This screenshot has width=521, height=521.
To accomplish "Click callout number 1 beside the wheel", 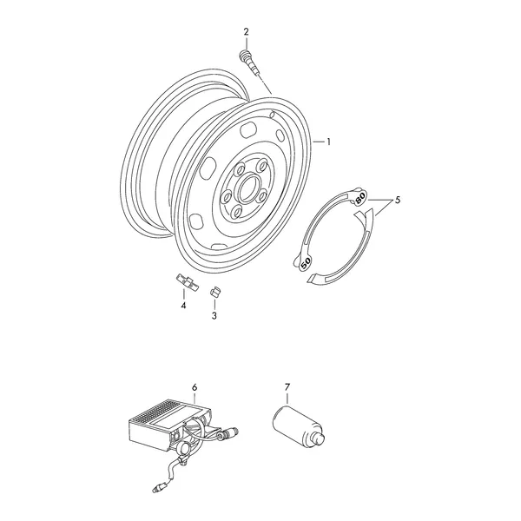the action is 328,142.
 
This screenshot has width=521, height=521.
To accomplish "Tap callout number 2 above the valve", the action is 246,32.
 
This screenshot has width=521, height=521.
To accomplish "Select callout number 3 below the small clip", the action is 214,316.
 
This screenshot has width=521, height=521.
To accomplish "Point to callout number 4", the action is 183,305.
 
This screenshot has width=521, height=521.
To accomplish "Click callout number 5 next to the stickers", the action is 398,200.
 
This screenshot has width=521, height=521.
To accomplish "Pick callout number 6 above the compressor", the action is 195,387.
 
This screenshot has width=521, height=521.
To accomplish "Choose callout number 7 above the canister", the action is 287,386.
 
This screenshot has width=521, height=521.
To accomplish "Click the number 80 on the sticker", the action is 359,198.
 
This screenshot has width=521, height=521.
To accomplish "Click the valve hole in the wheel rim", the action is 272,115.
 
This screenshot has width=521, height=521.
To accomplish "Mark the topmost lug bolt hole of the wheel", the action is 262,164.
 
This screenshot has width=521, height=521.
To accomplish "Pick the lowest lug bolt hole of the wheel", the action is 236,210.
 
